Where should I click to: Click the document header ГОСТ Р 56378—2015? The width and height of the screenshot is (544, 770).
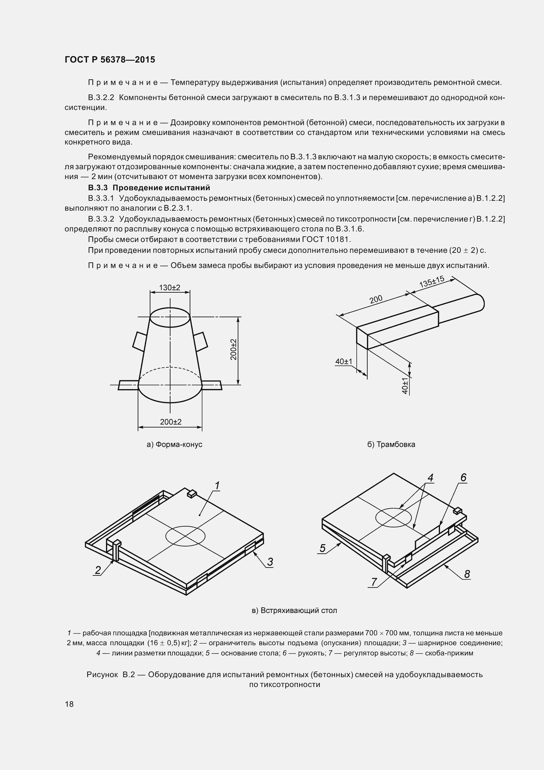point(110,60)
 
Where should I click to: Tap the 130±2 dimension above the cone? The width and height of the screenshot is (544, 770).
point(169,287)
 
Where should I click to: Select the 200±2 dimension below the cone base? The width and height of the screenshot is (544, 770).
point(170,422)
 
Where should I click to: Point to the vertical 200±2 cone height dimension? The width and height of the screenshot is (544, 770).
point(234,350)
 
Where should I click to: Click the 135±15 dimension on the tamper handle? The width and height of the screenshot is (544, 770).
point(432,281)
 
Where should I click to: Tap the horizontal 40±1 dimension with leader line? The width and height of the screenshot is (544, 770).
point(344,361)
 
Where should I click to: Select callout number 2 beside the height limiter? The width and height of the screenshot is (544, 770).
point(98,570)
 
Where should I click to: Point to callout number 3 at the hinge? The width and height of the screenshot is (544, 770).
point(270,562)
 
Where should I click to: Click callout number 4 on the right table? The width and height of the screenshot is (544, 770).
point(431,478)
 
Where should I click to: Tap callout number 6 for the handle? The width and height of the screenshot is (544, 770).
point(463,477)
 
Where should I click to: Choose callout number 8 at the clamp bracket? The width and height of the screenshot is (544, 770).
point(467,574)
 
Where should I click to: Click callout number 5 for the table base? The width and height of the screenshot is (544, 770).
point(323,548)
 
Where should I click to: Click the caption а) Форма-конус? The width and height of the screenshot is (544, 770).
point(175,444)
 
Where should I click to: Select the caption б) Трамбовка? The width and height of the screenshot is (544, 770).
point(391,444)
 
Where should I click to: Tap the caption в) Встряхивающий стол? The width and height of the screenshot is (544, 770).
point(294,610)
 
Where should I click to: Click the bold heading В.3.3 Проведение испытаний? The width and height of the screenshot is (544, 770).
point(149,187)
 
